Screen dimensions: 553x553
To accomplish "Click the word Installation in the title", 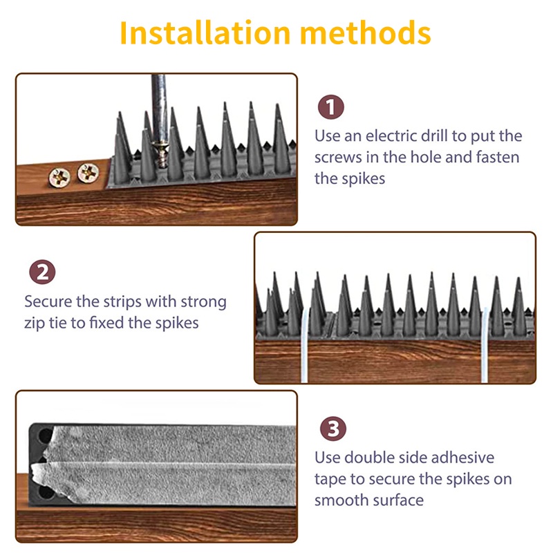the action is click(205, 32).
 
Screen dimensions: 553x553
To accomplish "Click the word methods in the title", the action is click(366, 32).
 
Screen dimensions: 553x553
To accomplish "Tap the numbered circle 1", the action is click(331, 107).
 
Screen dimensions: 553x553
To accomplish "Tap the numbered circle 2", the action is click(42, 272).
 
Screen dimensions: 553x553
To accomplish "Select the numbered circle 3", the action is click(333, 429).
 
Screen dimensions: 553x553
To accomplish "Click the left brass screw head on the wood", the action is click(59, 178).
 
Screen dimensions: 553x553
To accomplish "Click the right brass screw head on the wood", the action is click(88, 174).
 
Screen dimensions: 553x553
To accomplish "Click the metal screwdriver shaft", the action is click(159, 108).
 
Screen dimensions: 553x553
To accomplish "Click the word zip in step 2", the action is click(35, 324).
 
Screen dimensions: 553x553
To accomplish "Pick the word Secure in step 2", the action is click(48, 302).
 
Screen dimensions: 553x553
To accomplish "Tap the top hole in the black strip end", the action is click(45, 436).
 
